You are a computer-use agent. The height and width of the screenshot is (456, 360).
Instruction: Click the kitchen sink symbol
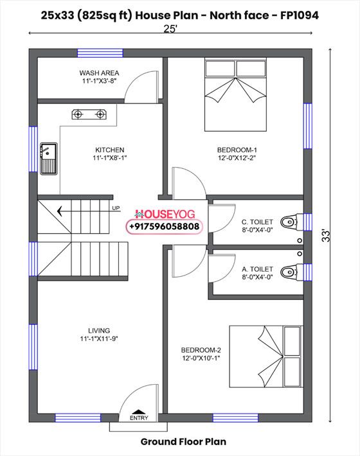49,159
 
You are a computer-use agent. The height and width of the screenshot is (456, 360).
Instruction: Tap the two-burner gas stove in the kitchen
89,114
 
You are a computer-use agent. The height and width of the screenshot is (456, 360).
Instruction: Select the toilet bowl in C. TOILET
289,222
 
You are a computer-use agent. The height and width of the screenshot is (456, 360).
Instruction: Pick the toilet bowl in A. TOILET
289,272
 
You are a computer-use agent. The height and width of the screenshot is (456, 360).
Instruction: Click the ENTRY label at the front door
139,418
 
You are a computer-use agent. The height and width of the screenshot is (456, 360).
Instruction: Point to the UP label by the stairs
116,208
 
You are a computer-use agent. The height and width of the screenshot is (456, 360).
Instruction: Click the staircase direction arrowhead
60,211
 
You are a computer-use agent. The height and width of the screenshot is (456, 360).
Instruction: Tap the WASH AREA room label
99,73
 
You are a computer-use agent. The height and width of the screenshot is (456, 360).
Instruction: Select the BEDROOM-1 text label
237,150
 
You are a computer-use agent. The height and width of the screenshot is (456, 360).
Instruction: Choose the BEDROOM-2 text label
201,350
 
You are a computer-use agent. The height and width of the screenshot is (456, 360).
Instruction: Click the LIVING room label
99,331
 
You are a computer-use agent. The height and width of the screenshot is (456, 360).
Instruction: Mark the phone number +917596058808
165,226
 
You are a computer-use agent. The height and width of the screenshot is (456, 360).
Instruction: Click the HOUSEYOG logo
165,215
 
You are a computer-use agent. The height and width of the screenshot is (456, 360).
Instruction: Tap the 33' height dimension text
327,236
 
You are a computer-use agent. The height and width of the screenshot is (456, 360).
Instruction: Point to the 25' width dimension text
170,29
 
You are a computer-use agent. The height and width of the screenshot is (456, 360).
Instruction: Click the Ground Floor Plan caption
183,441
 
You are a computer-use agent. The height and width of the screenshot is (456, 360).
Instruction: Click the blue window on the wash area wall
100,53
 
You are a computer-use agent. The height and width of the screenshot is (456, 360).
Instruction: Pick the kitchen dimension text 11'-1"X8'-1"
110,158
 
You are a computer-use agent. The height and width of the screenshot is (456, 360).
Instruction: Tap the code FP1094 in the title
300,15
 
